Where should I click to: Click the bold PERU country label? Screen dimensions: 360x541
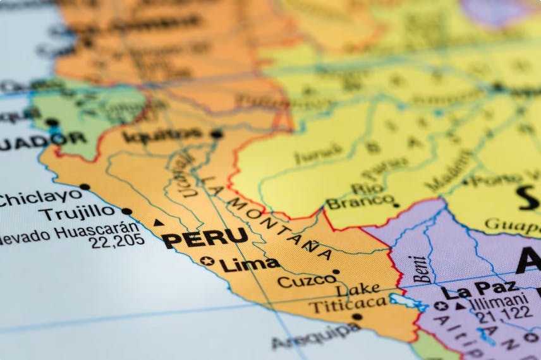(x=205, y=238)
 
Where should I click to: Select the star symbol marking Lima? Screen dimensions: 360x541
(x=207, y=260)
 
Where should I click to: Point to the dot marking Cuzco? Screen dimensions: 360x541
(x=336, y=272)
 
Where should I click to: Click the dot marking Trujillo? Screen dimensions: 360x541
(x=126, y=212)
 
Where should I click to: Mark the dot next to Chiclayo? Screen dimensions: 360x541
(x=85, y=187)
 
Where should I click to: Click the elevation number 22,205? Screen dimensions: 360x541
(x=117, y=241)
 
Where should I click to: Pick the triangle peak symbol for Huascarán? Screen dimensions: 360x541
(x=159, y=222)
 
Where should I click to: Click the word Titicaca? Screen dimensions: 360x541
(x=347, y=304)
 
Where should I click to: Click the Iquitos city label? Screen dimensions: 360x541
(x=162, y=135)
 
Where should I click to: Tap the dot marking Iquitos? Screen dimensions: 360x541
(x=217, y=134)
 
